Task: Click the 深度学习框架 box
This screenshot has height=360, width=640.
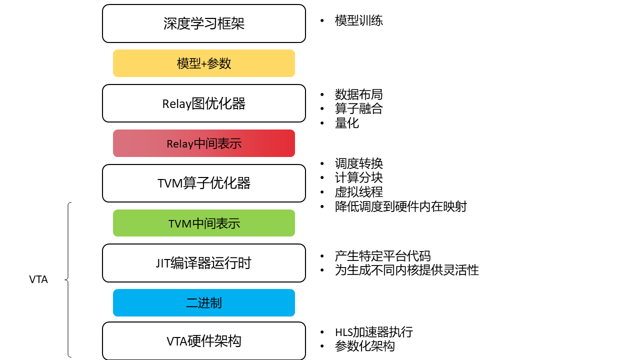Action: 203,23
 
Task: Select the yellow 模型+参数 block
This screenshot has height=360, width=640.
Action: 203,63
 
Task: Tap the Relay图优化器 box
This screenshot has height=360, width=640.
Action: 203,103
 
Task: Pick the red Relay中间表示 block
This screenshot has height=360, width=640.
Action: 203,143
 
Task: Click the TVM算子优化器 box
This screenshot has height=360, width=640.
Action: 203,183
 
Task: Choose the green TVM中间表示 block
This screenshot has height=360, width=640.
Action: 203,223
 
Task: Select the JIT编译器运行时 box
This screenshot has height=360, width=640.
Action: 203,263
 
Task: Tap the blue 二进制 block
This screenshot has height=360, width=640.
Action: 203,302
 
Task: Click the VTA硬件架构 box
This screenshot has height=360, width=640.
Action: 203,341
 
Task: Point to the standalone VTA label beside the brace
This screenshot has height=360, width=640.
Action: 38,279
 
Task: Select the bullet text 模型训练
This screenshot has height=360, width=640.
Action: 359,20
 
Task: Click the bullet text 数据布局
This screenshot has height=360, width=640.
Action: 359,94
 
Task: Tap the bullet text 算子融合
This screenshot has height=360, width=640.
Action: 359,108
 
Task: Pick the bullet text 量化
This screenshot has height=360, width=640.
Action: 347,123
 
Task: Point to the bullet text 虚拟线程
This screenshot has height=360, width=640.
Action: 359,192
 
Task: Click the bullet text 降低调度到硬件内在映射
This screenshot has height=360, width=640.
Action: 401,206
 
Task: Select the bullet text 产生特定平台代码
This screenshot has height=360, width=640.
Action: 383,255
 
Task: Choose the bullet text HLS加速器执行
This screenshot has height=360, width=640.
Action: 374,332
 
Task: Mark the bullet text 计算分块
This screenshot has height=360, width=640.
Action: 359,177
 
